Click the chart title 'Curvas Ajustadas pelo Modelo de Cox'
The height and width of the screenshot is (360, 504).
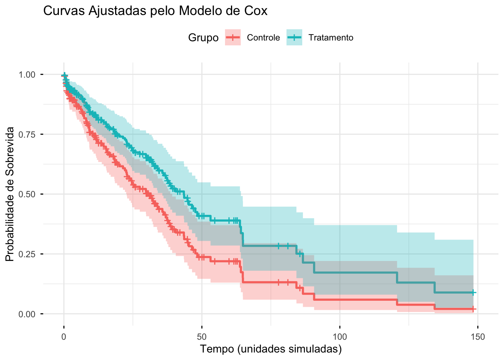(155, 11)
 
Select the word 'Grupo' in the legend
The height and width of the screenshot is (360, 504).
(203, 37)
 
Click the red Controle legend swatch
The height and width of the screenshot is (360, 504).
(233, 37)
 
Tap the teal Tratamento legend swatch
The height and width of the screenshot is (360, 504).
(294, 37)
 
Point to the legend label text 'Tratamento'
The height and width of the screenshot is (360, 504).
(331, 37)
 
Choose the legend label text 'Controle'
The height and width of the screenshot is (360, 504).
(263, 37)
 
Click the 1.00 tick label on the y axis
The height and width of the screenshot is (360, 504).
(27, 75)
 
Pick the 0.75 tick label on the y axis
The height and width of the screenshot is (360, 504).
(27, 134)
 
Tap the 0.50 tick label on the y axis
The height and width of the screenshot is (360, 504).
(27, 194)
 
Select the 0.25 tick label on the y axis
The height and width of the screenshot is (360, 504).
(27, 254)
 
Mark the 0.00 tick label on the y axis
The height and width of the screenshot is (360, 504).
(27, 314)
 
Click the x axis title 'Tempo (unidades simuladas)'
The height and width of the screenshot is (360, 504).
(271, 349)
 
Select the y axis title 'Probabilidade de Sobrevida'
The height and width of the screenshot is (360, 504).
(10, 194)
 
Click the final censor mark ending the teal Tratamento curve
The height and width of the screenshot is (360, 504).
(473, 292)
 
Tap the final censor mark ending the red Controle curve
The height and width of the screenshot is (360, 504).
(473, 309)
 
